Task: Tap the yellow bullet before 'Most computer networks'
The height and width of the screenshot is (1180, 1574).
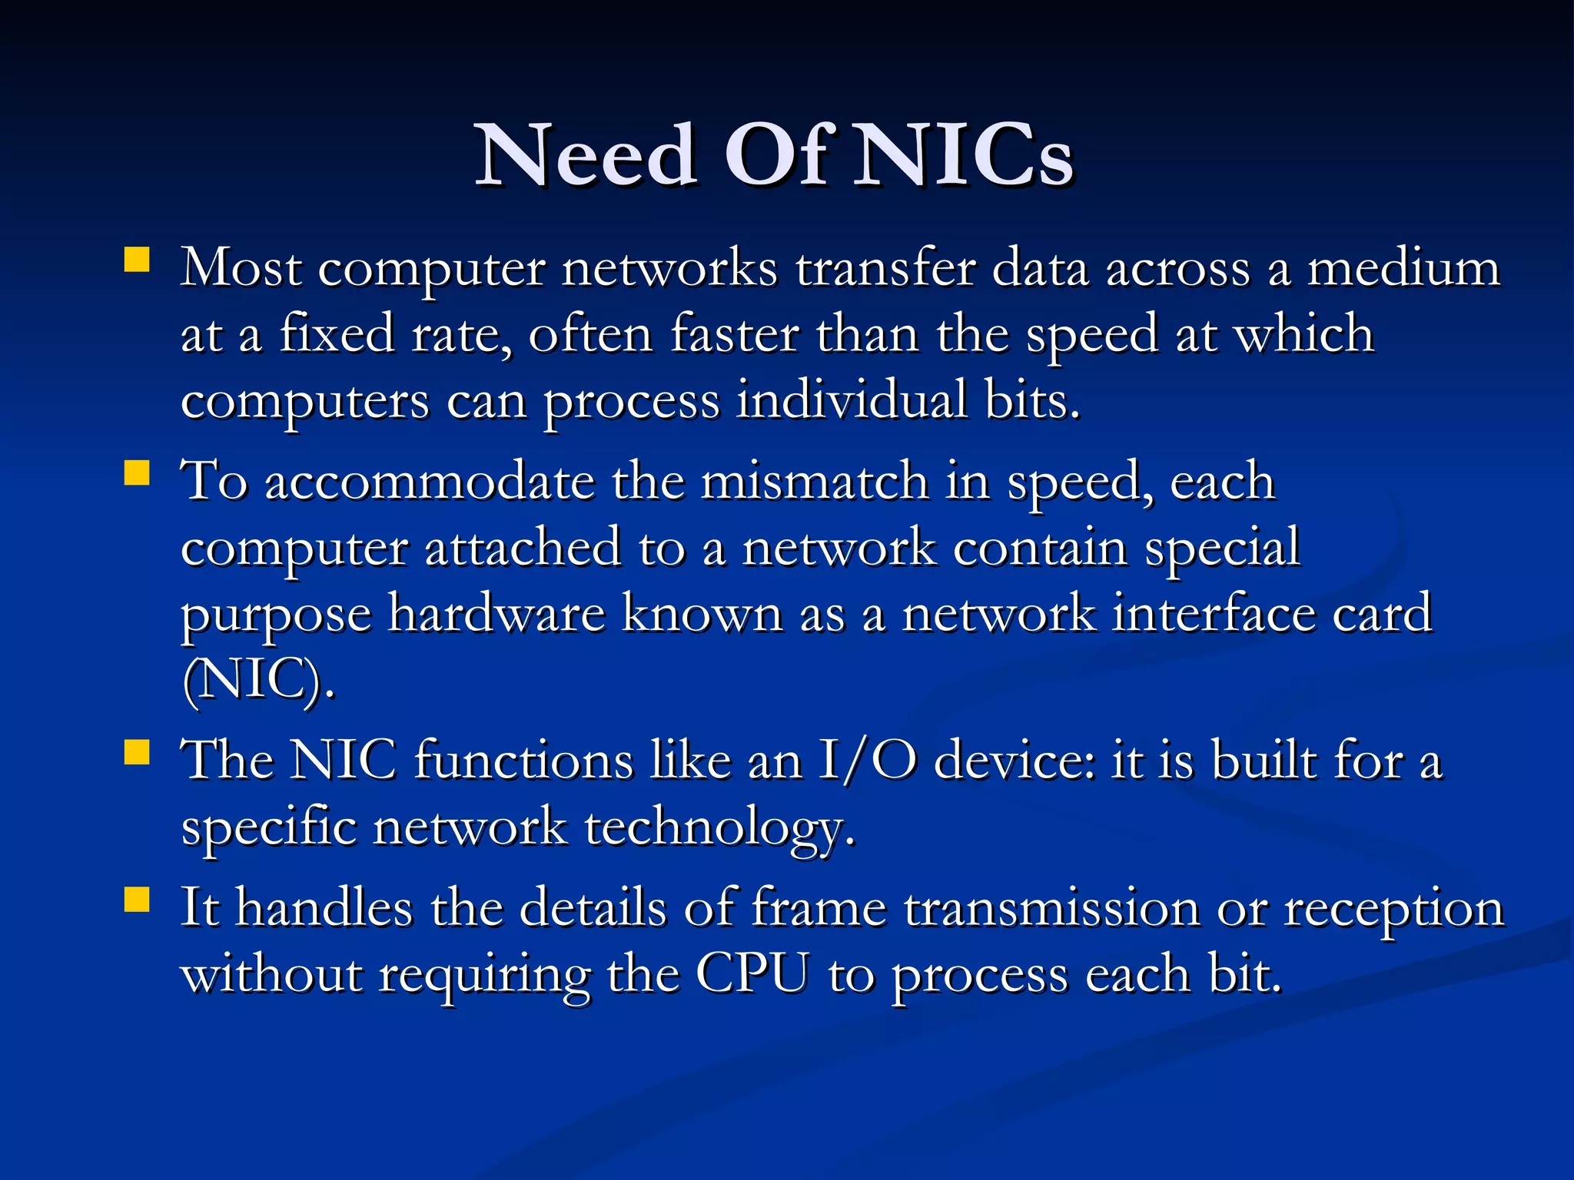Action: tap(136, 260)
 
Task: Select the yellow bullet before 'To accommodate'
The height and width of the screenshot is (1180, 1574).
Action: tap(136, 472)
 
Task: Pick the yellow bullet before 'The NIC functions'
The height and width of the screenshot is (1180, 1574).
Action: tap(136, 752)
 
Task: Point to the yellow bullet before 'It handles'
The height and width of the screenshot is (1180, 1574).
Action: tap(136, 900)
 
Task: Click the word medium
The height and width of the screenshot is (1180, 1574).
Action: tap(1403, 269)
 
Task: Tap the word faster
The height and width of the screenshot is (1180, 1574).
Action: tap(734, 335)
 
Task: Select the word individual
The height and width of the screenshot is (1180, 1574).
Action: tap(852, 401)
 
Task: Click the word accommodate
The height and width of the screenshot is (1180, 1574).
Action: tap(430, 482)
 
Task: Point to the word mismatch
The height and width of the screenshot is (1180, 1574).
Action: tap(814, 482)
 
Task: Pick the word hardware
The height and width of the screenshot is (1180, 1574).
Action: tap(496, 615)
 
